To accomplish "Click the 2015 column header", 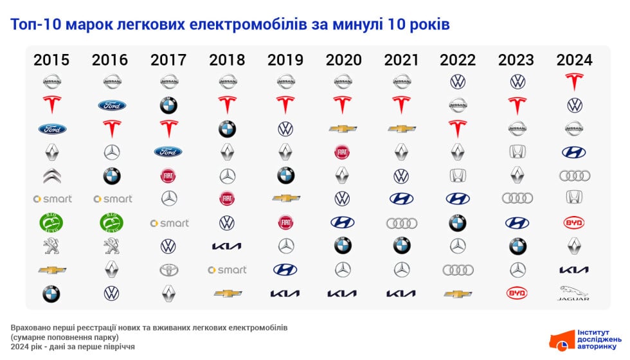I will point(51,60).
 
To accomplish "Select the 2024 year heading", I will point(574,60).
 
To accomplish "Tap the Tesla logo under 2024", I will point(574,82).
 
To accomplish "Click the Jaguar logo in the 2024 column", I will point(574,293).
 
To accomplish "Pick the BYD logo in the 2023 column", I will point(517,293).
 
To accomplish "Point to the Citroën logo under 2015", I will point(52,175).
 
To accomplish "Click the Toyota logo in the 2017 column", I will point(168,270).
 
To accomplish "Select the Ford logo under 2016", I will point(112,105).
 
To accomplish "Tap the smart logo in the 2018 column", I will point(227,270).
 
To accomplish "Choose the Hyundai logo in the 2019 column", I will point(285,270).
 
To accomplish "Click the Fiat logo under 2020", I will point(342,152).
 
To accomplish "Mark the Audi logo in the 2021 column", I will point(401,222).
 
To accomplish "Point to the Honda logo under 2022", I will point(458,175).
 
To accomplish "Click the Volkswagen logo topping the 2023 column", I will point(517,82).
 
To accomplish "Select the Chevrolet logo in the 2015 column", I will point(52,270).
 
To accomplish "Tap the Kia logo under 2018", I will point(227,246).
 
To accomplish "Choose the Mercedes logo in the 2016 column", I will point(112,152).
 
